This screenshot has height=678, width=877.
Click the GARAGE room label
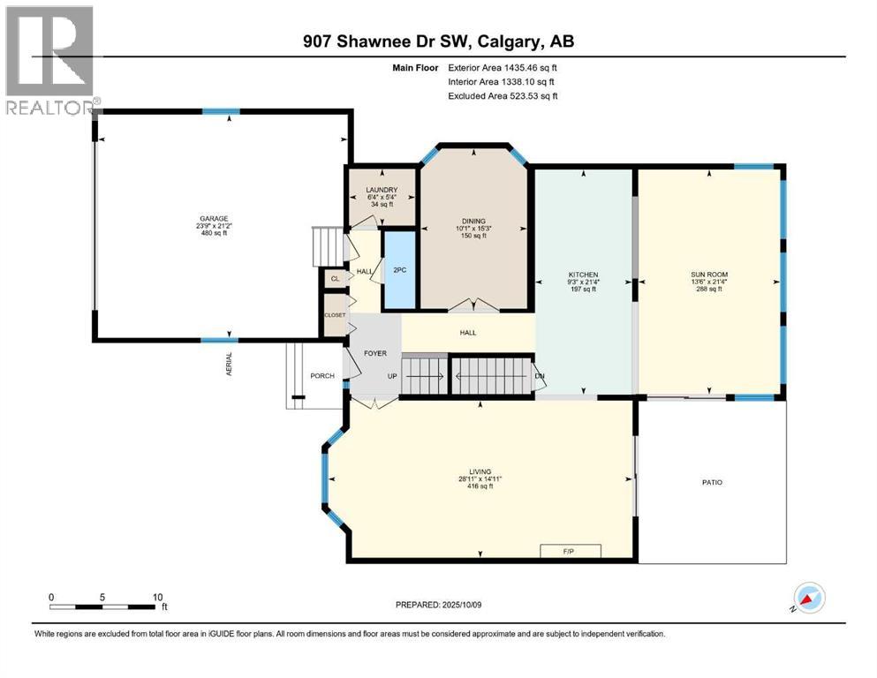click(215, 219)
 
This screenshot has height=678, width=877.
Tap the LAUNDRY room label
click(382, 190)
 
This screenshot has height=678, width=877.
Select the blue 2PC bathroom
click(399, 269)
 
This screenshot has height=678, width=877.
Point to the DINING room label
click(473, 221)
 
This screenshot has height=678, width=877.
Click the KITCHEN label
click(584, 275)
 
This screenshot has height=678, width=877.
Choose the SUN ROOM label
click(709, 275)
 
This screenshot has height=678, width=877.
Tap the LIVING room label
click(480, 471)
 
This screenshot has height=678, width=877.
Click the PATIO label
click(712, 482)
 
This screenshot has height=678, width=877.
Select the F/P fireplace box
click(571, 551)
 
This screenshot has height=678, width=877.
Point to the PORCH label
click(322, 375)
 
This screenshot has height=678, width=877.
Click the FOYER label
click(375, 353)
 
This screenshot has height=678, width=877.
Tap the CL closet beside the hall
click(335, 278)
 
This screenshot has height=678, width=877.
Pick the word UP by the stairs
click(392, 376)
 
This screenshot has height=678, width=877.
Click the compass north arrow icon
click(809, 598)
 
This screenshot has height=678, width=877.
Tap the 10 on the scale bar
click(158, 597)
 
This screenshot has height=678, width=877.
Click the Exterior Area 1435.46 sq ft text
click(503, 68)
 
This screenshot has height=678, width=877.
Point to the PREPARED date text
click(438, 605)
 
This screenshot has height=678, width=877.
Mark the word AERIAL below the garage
click(229, 364)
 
